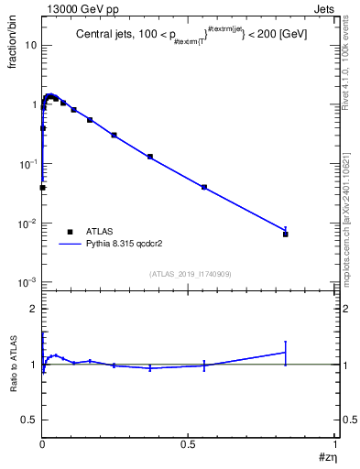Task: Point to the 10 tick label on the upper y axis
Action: click(29, 45)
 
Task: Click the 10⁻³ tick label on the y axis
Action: click(27, 282)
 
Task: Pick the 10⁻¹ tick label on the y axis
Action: click(27, 164)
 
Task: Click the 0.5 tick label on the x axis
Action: click(188, 445)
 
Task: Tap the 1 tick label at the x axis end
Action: click(335, 445)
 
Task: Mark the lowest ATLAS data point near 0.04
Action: click(42, 187)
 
